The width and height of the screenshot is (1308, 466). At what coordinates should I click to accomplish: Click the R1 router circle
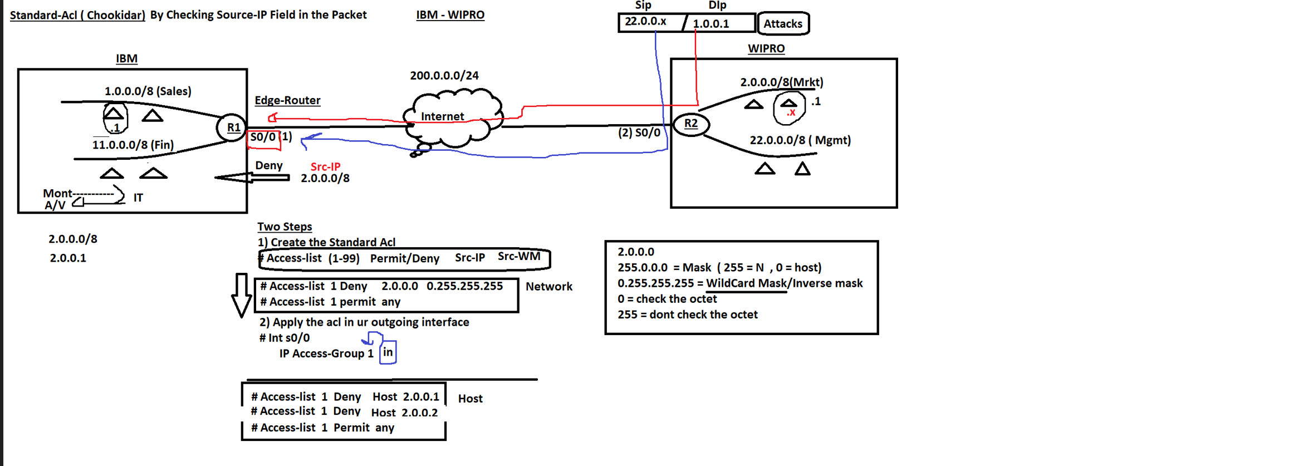232,127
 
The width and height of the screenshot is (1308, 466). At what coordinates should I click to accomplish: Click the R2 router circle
690,124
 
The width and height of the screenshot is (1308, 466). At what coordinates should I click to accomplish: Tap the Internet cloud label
442,116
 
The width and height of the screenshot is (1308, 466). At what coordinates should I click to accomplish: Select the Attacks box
782,24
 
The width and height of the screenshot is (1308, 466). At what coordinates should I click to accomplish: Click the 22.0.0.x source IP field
646,22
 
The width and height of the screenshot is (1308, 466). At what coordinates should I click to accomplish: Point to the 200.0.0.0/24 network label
444,76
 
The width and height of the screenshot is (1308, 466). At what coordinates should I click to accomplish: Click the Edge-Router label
287,100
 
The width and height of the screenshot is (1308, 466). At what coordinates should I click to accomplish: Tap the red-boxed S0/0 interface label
263,138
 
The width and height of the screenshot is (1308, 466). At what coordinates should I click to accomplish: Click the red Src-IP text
325,166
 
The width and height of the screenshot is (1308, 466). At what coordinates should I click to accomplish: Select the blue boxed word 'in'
388,352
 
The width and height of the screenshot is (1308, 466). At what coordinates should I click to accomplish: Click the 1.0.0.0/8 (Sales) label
148,91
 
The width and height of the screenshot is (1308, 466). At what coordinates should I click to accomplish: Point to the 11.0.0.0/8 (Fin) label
133,145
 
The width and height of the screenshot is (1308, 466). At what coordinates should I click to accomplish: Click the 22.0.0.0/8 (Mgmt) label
800,140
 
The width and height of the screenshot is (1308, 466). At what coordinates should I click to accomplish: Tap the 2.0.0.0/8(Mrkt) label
781,82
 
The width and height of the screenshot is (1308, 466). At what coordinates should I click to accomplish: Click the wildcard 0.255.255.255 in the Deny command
464,286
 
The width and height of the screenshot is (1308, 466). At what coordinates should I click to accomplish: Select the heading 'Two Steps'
284,227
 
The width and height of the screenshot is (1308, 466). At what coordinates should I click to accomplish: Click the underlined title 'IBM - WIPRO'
450,15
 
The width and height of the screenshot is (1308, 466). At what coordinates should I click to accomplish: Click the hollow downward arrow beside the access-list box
241,295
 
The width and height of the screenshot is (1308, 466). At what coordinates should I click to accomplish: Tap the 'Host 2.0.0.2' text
404,413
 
